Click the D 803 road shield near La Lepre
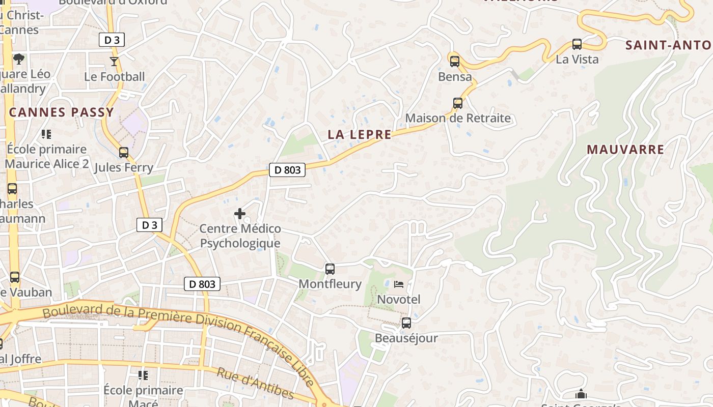pos(287,170)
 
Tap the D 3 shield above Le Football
pos(112,40)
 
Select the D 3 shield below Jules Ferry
pos(149,225)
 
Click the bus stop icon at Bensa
pos(454,62)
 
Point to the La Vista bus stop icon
pos(577,44)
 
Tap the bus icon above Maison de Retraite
pos(457,103)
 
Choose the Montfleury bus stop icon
pos(330,269)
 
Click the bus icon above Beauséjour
pos(406,323)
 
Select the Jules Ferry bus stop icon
pos(123,152)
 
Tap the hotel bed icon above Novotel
pos(398,284)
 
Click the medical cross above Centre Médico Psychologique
pos(240,214)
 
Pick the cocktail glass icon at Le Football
pos(114,62)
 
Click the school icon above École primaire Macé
pos(143,375)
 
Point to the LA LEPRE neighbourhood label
pos(360,135)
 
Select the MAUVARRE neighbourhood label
pos(625,150)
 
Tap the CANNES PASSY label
pos(61,112)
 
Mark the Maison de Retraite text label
pos(458,119)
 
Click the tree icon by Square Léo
pos(19,59)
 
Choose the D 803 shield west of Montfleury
pos(202,284)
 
